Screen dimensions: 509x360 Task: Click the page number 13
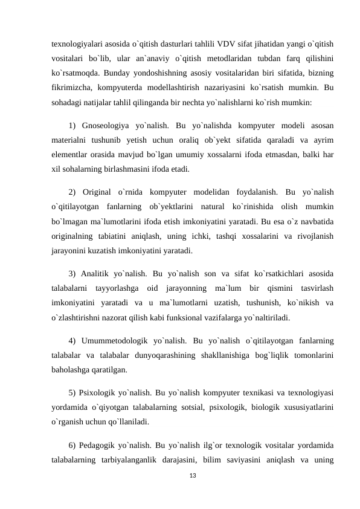(193, 477)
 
